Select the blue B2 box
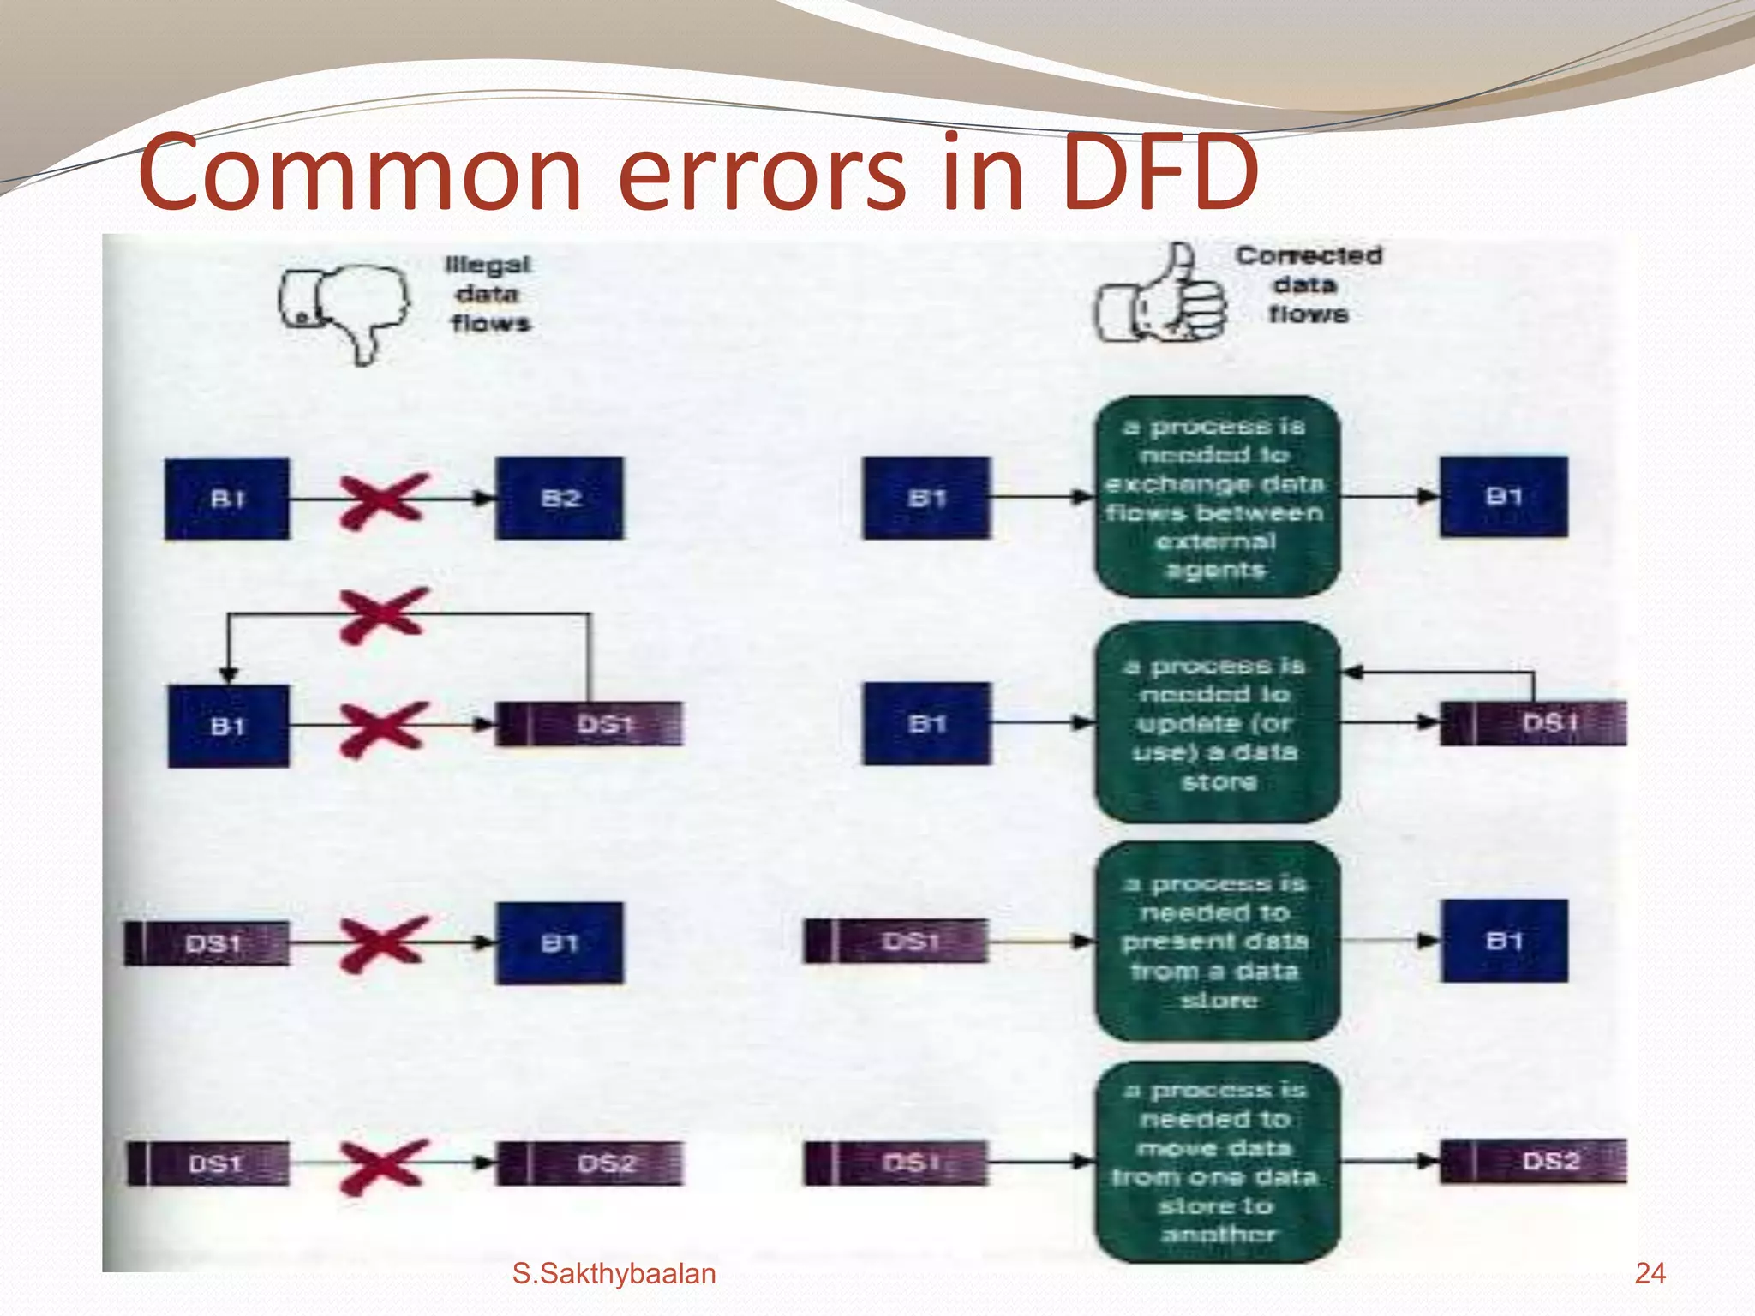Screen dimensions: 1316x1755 pyautogui.click(x=560, y=498)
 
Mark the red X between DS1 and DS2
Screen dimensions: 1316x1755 pyautogui.click(x=382, y=1165)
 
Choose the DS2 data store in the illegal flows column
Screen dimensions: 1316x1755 pyautogui.click(x=590, y=1163)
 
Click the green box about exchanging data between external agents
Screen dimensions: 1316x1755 pyautogui.click(x=1216, y=497)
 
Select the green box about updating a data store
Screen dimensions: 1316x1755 pyautogui.click(x=1216, y=722)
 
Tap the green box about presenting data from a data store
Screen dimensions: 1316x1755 pyautogui.click(x=1216, y=941)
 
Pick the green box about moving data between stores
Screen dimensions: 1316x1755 pyautogui.click(x=1216, y=1161)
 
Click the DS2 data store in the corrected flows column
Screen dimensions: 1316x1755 pyautogui.click(x=1533, y=1161)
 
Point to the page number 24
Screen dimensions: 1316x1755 pyautogui.click(x=1650, y=1273)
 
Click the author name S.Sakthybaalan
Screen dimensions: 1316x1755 pyautogui.click(x=614, y=1274)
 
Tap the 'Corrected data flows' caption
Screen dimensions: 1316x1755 pyautogui.click(x=1308, y=284)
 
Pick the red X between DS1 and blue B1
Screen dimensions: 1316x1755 pyautogui.click(x=382, y=943)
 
